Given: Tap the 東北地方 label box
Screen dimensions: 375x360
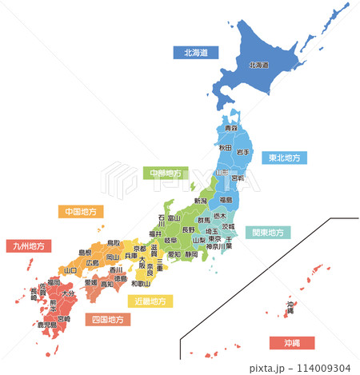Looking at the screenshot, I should tap(285, 158).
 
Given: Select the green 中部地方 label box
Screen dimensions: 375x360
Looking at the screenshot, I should tap(166, 173).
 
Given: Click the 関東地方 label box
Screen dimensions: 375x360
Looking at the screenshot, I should tap(268, 233).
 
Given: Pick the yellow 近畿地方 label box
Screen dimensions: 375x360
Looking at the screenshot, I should tap(150, 301).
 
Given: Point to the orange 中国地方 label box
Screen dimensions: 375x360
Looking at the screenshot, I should tap(81, 212).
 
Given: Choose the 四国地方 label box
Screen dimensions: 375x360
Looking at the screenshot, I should tap(108, 319).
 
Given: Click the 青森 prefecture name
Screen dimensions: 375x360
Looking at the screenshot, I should tap(230, 128).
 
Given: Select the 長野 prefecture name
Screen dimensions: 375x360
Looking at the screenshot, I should tap(188, 229).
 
